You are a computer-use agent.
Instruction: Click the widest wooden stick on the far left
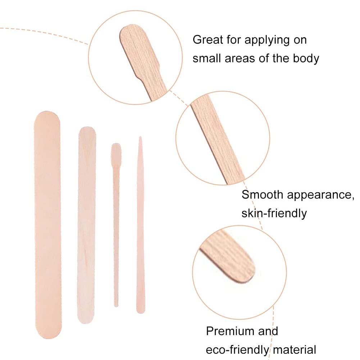(x=48, y=225)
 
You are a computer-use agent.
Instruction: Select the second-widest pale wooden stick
(x=87, y=225)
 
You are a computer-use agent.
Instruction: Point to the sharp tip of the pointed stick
(x=140, y=137)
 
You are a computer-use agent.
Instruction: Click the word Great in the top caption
(x=208, y=40)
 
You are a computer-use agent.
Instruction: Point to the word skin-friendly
(x=274, y=213)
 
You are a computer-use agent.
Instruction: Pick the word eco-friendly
(x=237, y=350)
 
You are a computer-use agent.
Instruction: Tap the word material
(x=295, y=350)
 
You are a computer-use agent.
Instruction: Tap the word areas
(x=240, y=59)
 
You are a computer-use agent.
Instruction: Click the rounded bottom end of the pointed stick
(x=141, y=311)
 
